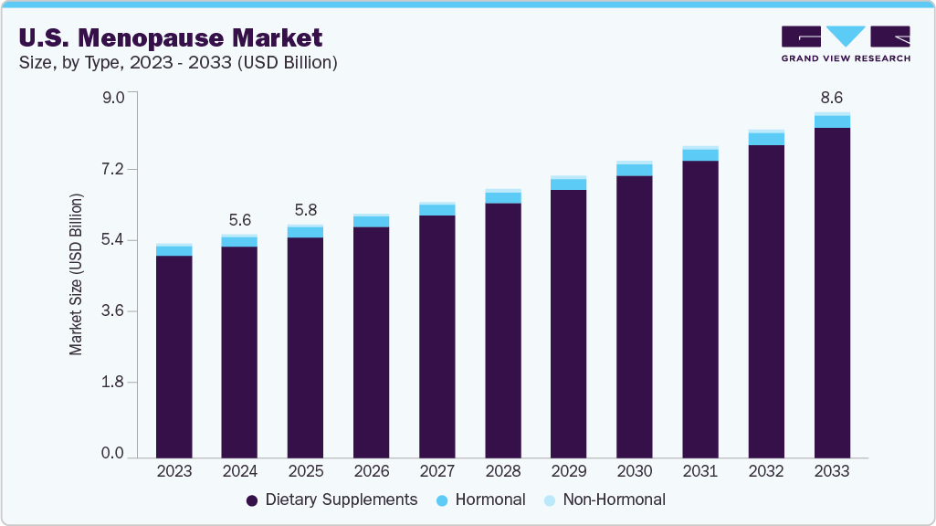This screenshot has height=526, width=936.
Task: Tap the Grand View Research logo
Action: coord(845,44)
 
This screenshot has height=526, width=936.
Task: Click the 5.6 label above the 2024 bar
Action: coord(239,219)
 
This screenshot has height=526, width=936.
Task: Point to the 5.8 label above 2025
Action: coord(305,208)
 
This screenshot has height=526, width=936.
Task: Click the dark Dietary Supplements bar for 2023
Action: coord(174,356)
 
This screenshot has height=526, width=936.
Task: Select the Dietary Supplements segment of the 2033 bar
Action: coord(831,292)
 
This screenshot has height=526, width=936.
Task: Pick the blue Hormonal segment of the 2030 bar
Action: coord(634,170)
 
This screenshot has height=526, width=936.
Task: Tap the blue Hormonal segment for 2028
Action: coord(502,198)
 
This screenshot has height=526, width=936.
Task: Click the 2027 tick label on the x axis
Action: coord(436,471)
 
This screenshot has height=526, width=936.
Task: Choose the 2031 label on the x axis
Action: coord(699,471)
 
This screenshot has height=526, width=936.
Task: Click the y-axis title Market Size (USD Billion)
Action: coord(77,274)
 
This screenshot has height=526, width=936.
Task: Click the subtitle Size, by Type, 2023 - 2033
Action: coord(178,63)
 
